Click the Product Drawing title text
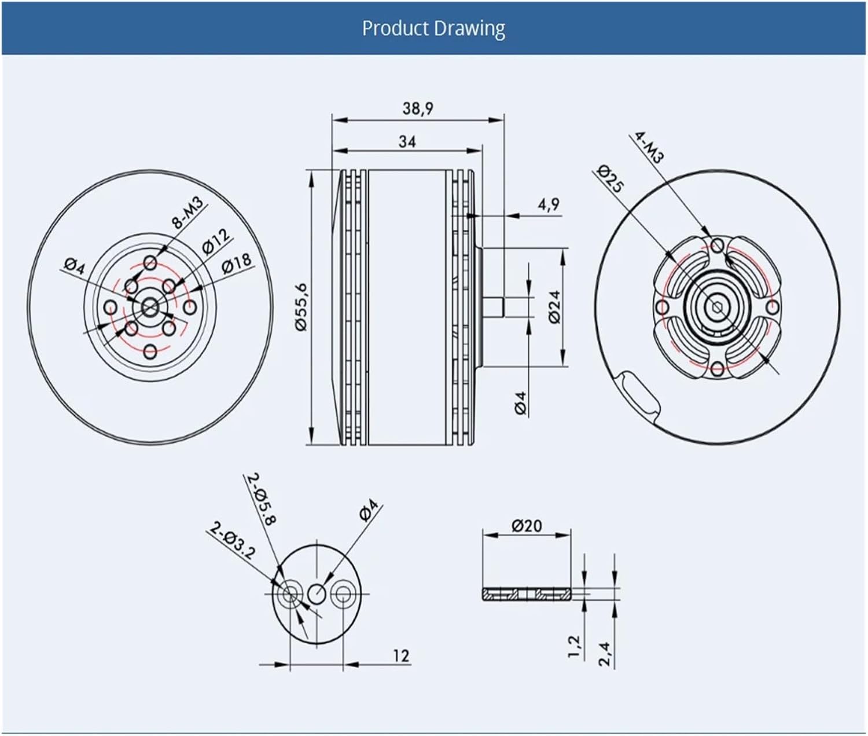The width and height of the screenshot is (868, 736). (x=433, y=28)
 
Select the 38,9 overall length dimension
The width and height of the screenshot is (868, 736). (x=418, y=108)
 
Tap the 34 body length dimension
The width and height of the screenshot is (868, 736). (x=407, y=141)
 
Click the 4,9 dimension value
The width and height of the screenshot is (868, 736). (x=549, y=204)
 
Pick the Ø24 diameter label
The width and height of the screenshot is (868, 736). (x=554, y=307)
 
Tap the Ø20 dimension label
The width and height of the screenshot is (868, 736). (x=527, y=525)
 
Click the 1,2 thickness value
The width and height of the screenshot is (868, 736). (x=573, y=645)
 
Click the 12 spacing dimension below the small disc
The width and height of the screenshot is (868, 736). (x=401, y=656)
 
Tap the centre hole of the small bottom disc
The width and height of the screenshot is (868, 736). (x=317, y=593)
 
